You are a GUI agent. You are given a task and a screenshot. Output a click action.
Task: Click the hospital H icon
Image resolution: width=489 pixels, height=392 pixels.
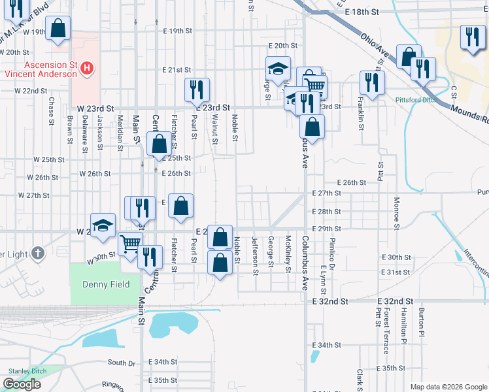[87, 67]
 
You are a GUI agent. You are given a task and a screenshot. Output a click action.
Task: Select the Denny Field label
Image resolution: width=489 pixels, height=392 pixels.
[105, 284]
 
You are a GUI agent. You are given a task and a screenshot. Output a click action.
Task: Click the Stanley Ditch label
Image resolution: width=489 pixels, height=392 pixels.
[26, 370]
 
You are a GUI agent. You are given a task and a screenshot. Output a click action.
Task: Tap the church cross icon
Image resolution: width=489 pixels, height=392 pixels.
[39, 253]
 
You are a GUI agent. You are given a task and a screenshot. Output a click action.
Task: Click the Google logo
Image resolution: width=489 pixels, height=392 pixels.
[22, 384]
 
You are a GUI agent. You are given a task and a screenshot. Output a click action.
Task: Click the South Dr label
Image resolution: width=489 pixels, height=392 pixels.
[121, 363]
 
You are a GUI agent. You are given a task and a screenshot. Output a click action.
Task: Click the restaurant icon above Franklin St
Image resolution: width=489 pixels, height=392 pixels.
[372, 82]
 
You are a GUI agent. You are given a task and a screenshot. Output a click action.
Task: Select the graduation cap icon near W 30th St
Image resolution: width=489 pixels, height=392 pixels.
[103, 225]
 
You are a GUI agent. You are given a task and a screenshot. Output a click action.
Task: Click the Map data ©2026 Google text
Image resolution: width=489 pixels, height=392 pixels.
[448, 387]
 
